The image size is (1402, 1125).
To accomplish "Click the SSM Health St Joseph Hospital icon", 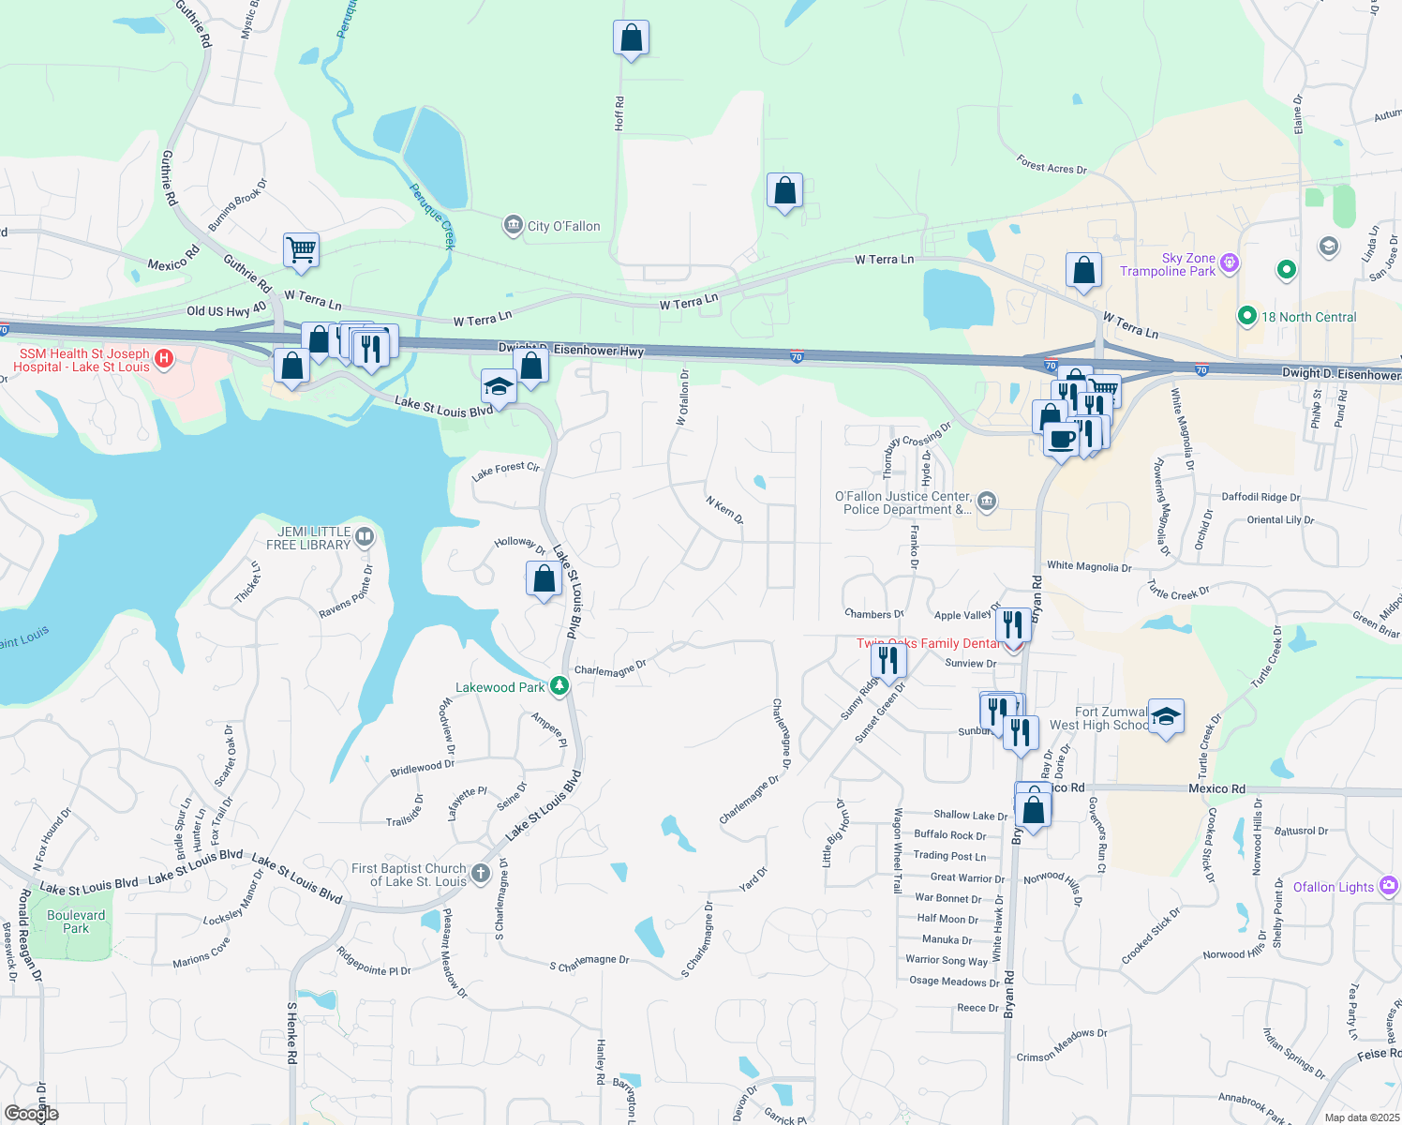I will coord(164,358).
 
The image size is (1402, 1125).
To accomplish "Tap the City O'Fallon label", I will coord(563,226).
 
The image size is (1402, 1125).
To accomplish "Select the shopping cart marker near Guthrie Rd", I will coord(301,250).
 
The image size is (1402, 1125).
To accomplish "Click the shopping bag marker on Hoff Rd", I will coord(631,38).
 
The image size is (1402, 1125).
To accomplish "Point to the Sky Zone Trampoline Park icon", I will coord(1230,263).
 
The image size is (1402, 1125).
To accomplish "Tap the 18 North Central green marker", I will coord(1246,316).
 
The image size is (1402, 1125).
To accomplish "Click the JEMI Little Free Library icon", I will coord(365,537).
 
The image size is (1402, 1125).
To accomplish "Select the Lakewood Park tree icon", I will coord(559,686).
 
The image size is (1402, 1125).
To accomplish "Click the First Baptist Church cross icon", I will coord(480,874).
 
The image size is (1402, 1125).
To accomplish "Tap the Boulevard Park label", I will coord(76,922).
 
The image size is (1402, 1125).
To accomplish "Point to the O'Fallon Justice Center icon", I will coord(986,502).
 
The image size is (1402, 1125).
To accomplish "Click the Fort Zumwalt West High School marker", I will coord(1165,717).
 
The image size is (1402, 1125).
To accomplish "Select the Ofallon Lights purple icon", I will coord(1388,886).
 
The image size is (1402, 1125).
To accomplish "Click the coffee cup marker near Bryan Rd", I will coord(1061,438).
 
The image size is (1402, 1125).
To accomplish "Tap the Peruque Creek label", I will coord(432,217).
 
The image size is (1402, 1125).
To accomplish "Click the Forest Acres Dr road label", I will coord(1051,166).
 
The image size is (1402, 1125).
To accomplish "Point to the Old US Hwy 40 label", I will coord(226,310).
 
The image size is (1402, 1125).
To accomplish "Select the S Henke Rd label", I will coord(292,1032).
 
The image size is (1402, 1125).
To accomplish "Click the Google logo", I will coord(31,1114).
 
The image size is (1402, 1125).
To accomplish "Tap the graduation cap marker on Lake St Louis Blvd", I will coord(499,386).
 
